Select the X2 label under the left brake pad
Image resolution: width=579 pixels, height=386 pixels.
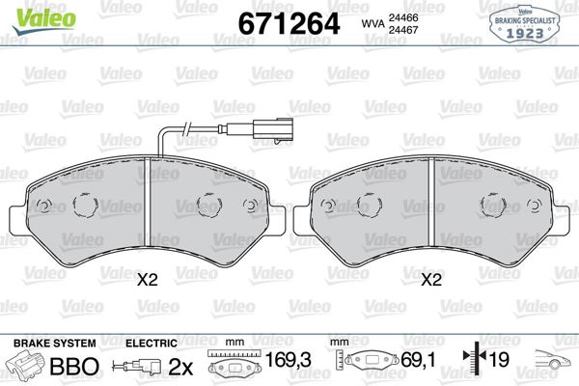[x=146, y=281]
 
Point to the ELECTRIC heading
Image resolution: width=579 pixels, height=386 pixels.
[x=152, y=344]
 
